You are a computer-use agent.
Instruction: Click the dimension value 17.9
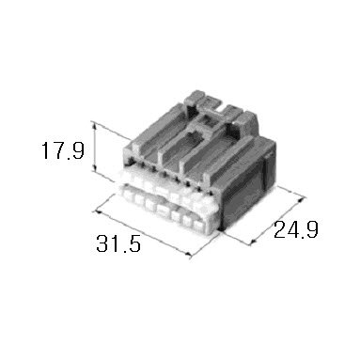(63, 150)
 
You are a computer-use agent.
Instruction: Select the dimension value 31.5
(118, 243)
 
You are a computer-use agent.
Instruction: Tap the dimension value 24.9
(296, 229)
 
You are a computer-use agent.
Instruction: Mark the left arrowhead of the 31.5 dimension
(99, 212)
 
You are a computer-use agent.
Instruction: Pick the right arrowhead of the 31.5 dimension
(187, 254)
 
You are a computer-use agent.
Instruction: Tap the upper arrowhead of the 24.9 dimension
(301, 199)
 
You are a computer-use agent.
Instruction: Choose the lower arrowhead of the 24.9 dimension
(254, 242)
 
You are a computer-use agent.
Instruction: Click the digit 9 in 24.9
(312, 229)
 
